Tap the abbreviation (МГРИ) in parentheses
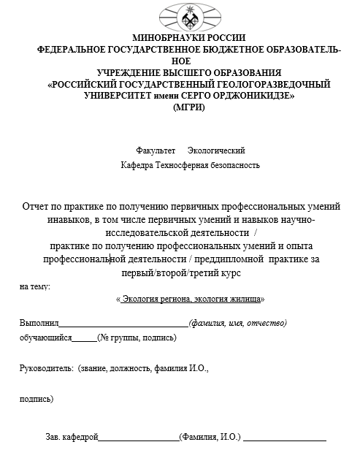189,107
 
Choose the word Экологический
215,150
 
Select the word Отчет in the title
39,206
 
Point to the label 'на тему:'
35,286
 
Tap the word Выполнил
39,323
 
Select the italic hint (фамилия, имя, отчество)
237,323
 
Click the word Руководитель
46,370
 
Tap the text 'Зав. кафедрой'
72,437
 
